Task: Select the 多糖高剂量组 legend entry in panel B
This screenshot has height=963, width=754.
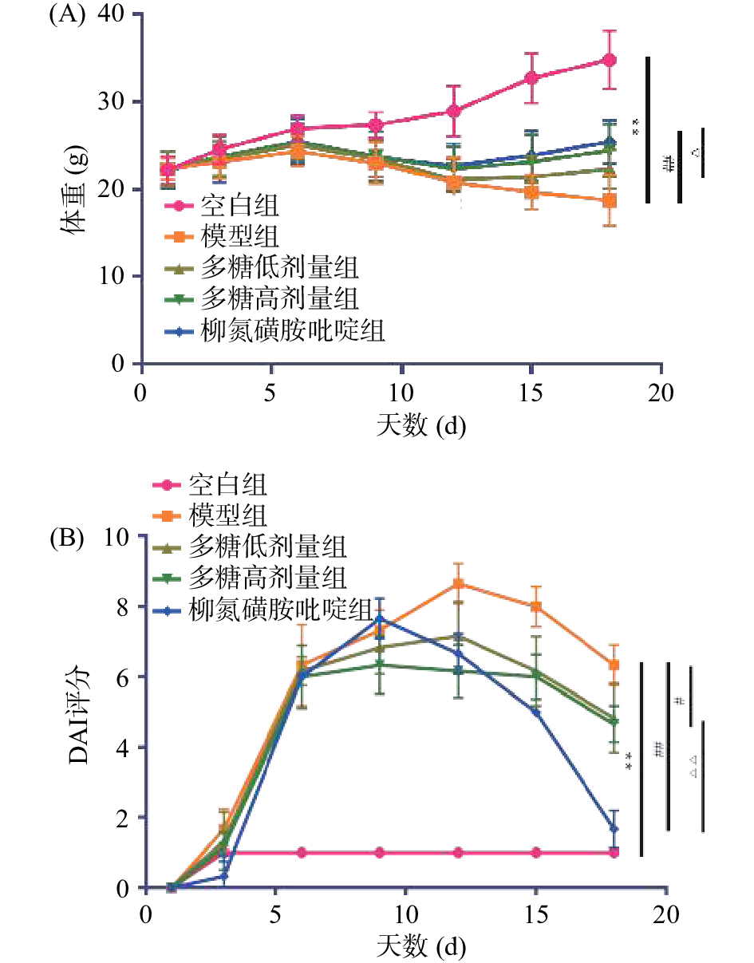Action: click(267, 574)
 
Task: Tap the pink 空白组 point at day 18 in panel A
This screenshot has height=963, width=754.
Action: click(610, 60)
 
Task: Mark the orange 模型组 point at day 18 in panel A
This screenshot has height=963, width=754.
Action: click(610, 200)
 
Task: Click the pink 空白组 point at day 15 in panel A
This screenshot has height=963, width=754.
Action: click(531, 77)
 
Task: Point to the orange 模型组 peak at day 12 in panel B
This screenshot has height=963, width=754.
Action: click(458, 583)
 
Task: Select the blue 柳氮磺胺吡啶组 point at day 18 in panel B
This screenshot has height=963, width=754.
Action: click(614, 829)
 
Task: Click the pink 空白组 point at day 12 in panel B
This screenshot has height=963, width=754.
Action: click(458, 853)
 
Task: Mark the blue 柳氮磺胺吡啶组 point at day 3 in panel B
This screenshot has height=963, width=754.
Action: click(224, 876)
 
